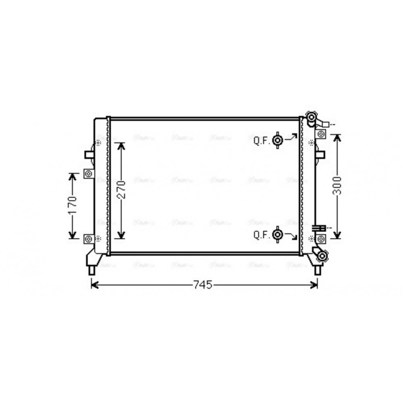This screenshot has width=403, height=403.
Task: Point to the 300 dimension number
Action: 337,185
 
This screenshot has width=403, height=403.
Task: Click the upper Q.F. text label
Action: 262,141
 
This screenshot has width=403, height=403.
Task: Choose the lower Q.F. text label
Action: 262,235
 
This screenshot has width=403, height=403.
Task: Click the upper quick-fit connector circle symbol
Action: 277,140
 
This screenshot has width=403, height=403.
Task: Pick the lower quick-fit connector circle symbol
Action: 277,235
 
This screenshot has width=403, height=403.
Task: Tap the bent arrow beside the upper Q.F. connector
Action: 291,138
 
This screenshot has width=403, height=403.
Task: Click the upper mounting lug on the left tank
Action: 89,174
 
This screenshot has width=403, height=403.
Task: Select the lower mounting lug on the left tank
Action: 89,239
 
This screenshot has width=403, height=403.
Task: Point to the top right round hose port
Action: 312,117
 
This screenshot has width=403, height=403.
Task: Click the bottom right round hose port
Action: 322,256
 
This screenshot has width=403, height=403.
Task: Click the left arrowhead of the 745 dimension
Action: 94,285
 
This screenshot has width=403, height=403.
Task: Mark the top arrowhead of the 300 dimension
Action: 338,137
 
